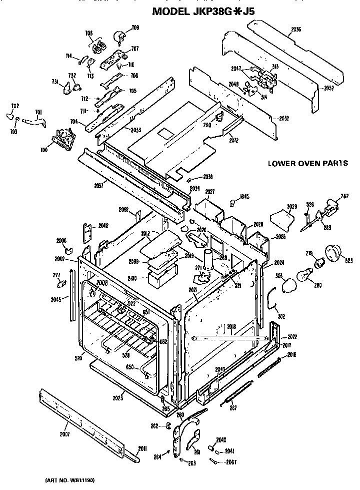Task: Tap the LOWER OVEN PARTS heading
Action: click(x=307, y=163)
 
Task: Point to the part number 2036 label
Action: click(x=295, y=30)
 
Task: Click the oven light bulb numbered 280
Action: click(x=303, y=276)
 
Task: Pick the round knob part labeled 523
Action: click(x=332, y=253)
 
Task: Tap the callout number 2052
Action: click(x=328, y=88)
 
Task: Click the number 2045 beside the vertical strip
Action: click(x=56, y=300)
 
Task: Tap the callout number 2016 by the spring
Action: click(x=292, y=354)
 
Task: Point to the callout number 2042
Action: click(x=103, y=226)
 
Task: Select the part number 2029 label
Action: click(x=292, y=206)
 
